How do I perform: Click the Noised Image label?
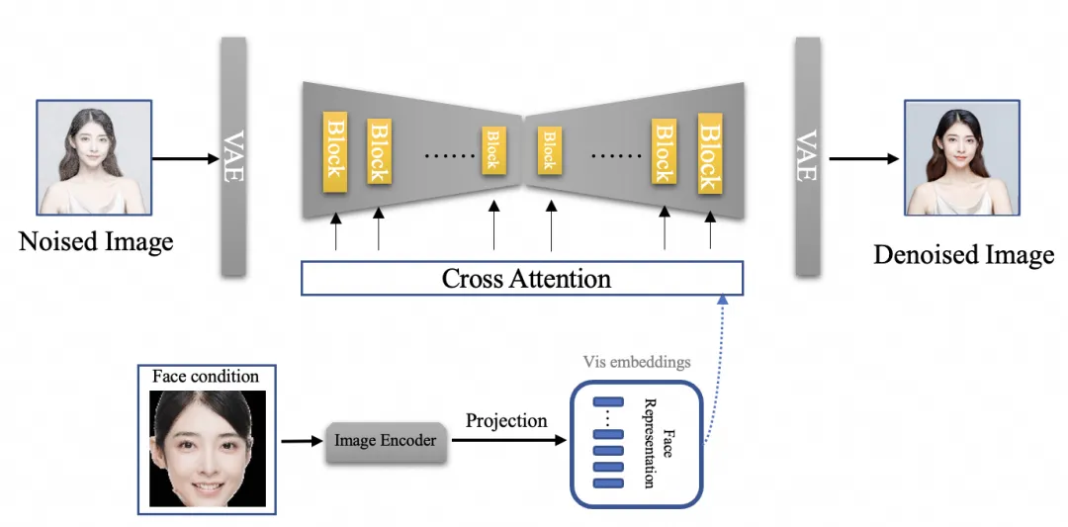[96, 241]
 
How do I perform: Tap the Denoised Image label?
[963, 254]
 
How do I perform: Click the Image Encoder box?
[385, 441]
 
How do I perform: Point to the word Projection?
[506, 420]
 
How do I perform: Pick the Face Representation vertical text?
[657, 443]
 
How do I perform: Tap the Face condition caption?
[206, 377]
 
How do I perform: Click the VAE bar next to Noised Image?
[233, 156]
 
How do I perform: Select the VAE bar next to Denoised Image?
[806, 156]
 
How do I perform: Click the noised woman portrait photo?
[94, 157]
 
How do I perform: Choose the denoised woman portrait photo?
[962, 157]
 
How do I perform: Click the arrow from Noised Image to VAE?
[186, 158]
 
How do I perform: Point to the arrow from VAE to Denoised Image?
[863, 158]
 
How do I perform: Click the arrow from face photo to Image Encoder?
[301, 441]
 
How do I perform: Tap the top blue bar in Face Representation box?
[607, 402]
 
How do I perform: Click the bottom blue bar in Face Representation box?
[607, 483]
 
